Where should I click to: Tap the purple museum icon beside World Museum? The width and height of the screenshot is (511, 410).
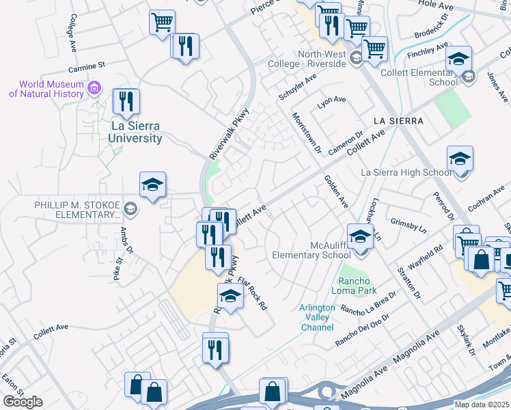[95, 87]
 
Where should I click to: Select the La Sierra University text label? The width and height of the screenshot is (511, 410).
[137, 133]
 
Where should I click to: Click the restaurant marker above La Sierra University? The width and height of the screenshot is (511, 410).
[126, 102]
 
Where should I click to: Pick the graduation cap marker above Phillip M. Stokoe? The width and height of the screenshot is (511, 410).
[153, 184]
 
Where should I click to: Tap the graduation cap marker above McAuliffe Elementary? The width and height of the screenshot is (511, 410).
[360, 237]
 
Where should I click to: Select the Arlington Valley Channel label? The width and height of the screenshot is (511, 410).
[317, 317]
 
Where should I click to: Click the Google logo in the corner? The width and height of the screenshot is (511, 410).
[23, 402]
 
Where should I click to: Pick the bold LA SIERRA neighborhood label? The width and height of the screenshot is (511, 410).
[399, 121]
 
